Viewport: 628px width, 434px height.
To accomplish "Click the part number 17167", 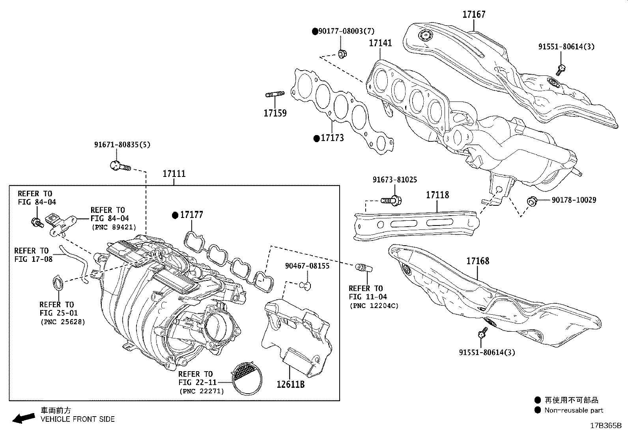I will (474, 15).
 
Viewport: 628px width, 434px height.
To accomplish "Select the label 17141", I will (380, 43).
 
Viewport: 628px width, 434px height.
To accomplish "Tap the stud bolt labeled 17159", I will (275, 94).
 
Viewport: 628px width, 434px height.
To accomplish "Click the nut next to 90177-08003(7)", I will (342, 53).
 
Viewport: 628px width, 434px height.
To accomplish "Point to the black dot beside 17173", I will (316, 138).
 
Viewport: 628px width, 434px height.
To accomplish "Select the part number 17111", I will (174, 174).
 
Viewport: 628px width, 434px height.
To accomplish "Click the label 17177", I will (191, 215).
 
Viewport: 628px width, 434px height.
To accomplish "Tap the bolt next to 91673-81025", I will (391, 201).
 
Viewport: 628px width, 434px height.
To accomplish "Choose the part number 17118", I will (437, 195).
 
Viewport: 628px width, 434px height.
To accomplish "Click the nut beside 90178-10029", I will (531, 201).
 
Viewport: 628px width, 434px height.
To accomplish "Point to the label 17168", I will (477, 261).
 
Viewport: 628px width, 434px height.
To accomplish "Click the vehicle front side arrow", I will (23, 418).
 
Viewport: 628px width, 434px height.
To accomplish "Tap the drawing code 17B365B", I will (606, 426).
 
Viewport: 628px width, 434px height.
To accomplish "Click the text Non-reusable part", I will (574, 410).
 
